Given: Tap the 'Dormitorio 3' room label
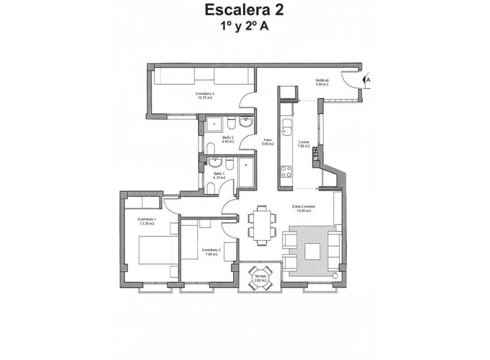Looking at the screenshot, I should [x=205, y=94].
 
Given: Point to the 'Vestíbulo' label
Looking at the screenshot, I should [x=321, y=80].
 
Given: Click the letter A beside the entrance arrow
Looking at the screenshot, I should [x=369, y=80].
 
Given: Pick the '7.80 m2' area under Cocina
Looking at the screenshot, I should [x=304, y=146].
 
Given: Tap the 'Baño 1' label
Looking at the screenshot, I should [x=219, y=173].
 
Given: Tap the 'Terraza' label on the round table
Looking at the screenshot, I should [x=260, y=276].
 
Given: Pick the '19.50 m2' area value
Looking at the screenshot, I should [x=304, y=211].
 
